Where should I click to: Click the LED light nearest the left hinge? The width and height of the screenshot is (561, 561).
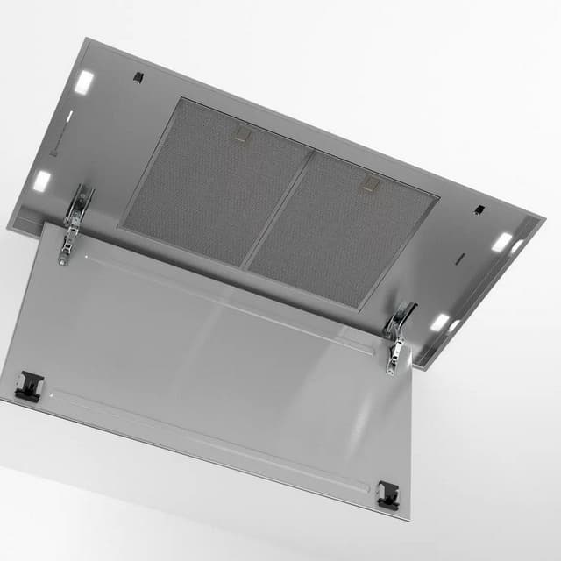click(41, 181)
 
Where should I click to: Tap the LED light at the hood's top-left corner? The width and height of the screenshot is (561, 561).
click(83, 82)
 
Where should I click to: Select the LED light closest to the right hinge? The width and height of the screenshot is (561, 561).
click(439, 322)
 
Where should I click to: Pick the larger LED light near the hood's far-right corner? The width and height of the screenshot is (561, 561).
click(501, 243)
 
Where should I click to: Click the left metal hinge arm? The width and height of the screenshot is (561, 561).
click(75, 223)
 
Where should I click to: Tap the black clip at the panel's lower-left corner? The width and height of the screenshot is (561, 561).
click(29, 384)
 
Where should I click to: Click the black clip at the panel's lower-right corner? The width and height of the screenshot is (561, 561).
click(387, 494)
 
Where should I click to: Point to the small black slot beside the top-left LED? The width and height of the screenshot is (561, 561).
click(138, 77)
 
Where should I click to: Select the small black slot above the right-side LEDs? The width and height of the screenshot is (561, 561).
click(479, 209)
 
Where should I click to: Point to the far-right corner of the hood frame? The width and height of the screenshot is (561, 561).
click(543, 219)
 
